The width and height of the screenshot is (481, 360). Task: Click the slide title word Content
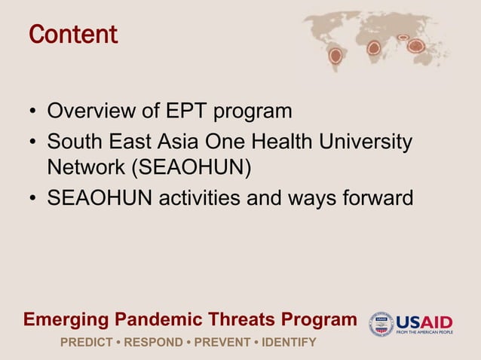coord(73,35)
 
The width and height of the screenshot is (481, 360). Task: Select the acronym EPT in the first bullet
coord(188,112)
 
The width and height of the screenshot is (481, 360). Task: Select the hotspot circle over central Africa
coord(373,48)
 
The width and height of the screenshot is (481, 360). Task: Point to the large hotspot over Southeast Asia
coord(415,46)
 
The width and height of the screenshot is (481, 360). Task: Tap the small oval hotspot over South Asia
coord(403,36)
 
